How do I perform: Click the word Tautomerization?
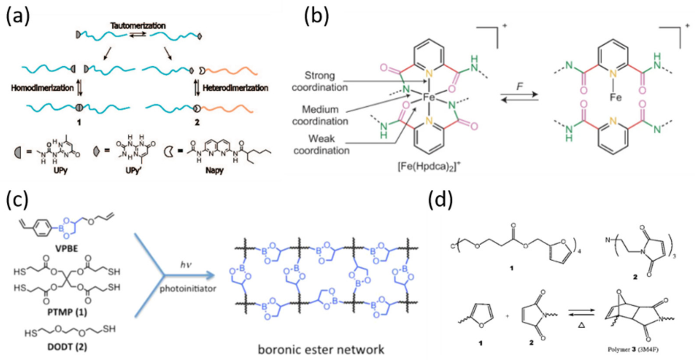coord(138,26)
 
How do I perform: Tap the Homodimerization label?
coord(42,88)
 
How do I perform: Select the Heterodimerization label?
coord(235,88)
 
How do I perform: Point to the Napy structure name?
coord(214,171)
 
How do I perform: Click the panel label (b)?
coord(317,17)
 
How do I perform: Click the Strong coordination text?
coord(320,81)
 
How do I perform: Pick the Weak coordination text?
coord(321,145)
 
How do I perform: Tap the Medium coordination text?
coord(320,115)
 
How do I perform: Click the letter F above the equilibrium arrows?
coord(519,87)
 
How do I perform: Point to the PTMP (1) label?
coord(67,312)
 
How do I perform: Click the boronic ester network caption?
coord(321,350)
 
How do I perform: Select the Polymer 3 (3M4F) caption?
coord(633,350)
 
